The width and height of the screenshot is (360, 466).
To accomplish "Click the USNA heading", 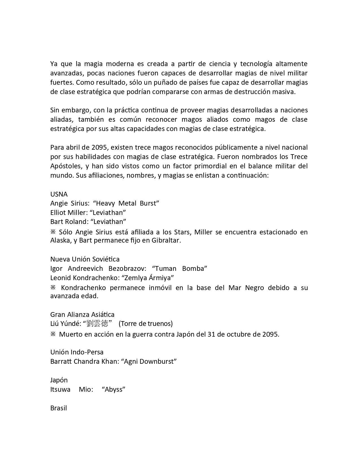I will pyautogui.click(x=59, y=194).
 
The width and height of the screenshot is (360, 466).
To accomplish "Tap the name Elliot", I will pyautogui.click(x=58, y=213).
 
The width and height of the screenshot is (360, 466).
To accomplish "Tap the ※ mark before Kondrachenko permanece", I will pyautogui.click(x=53, y=288).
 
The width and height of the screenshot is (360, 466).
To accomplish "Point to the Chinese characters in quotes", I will pyautogui.click(x=97, y=324).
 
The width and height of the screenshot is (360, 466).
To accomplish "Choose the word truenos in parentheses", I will pyautogui.click(x=161, y=324).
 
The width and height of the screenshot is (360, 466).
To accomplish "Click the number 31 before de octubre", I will pyautogui.click(x=211, y=334).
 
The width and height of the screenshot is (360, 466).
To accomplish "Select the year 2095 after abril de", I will pyautogui.click(x=99, y=147).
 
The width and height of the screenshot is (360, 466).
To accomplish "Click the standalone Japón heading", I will pyautogui.click(x=59, y=380).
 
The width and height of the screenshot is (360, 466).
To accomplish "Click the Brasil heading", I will pyautogui.click(x=58, y=408).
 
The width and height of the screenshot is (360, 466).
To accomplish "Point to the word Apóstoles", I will pyautogui.click(x=66, y=166).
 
